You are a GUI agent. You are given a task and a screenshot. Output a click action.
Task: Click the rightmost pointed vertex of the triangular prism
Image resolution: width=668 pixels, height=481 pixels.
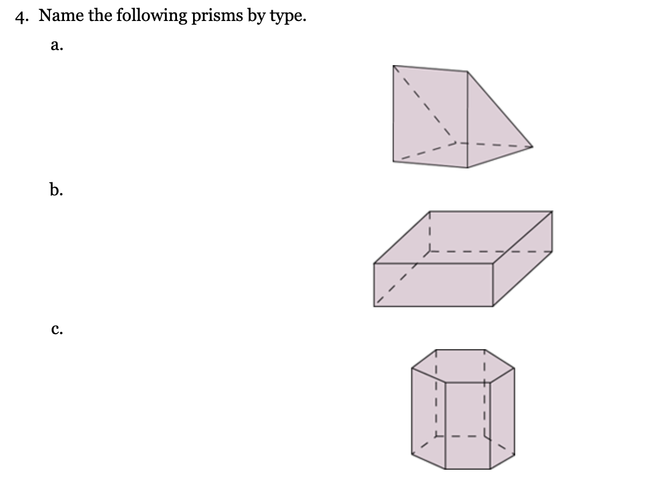click(532, 146)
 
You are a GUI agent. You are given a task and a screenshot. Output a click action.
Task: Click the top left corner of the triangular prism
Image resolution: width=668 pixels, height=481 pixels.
click(394, 66)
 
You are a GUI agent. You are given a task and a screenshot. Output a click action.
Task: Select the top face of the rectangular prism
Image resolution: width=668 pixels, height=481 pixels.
click(463, 237)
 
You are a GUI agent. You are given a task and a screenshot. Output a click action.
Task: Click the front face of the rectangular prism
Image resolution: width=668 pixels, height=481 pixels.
click(433, 285)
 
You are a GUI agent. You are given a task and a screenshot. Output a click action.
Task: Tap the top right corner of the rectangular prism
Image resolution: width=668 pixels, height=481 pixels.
click(552, 211)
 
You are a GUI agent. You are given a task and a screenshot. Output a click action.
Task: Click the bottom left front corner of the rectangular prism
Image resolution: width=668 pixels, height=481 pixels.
click(374, 307)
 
